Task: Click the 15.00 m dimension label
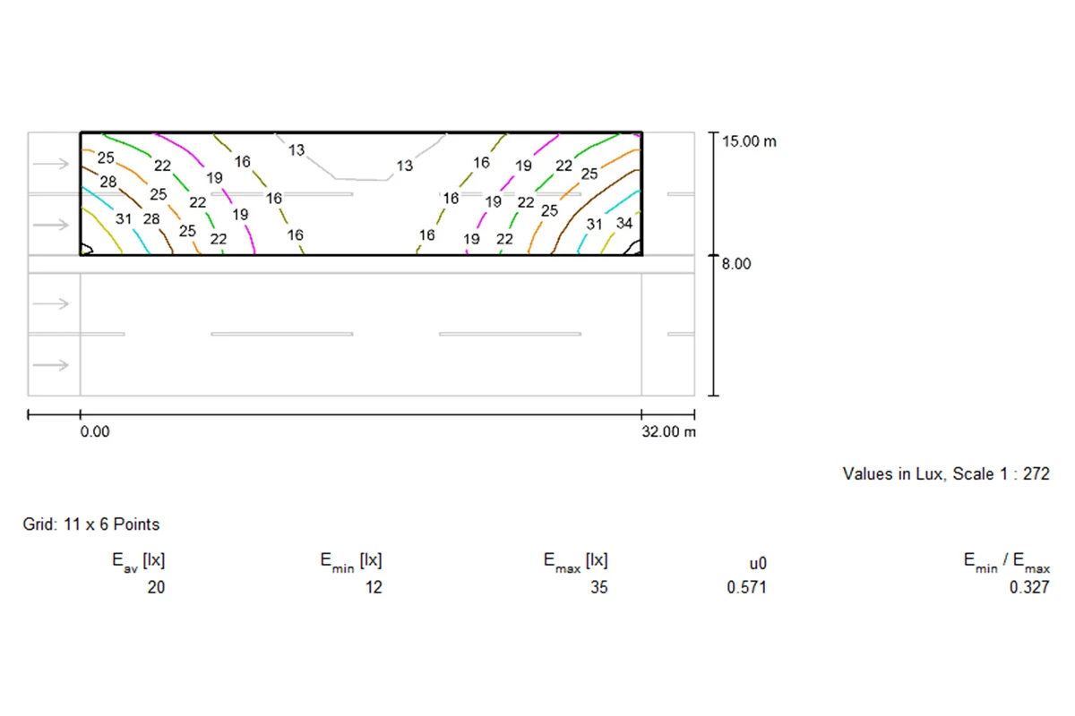point(749,141)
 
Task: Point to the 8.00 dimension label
point(736,264)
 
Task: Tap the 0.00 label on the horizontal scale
point(95,431)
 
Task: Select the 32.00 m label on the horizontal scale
point(668,431)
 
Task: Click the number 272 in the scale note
point(1036,473)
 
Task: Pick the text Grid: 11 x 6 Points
point(91,524)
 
